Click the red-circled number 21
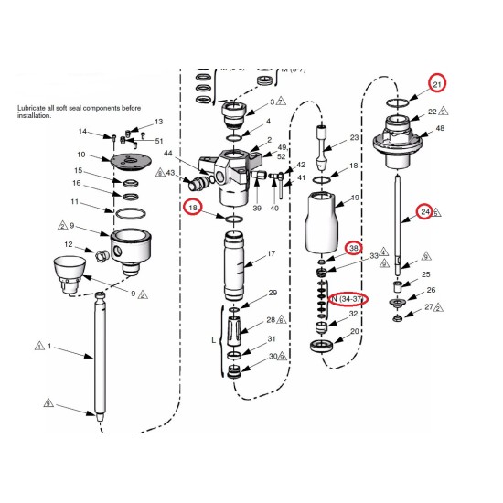click(x=437, y=85)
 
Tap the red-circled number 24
click(x=425, y=212)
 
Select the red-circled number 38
click(x=354, y=249)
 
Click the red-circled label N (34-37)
click(x=348, y=299)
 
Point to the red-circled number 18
click(x=193, y=209)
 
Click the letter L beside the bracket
click(x=213, y=339)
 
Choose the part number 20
click(x=354, y=332)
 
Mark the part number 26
click(x=431, y=291)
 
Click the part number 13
click(x=158, y=122)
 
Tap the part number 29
click(x=272, y=294)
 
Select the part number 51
click(x=159, y=141)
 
